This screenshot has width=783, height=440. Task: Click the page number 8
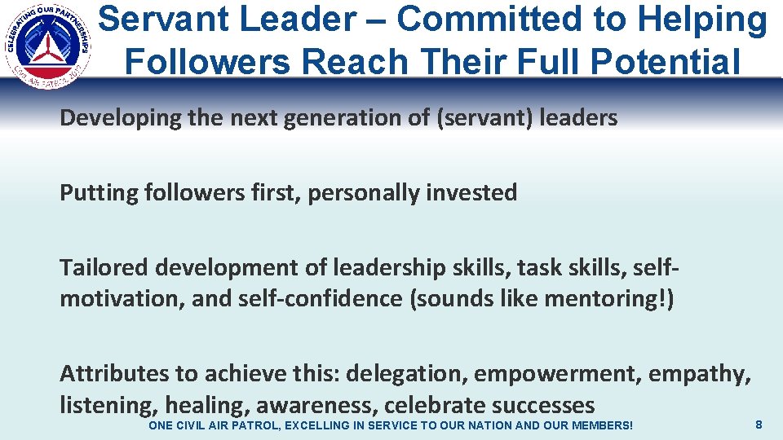pyautogui.click(x=759, y=425)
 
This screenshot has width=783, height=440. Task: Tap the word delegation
pyautogui.click(x=407, y=374)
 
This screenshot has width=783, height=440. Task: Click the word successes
pyautogui.click(x=542, y=405)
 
